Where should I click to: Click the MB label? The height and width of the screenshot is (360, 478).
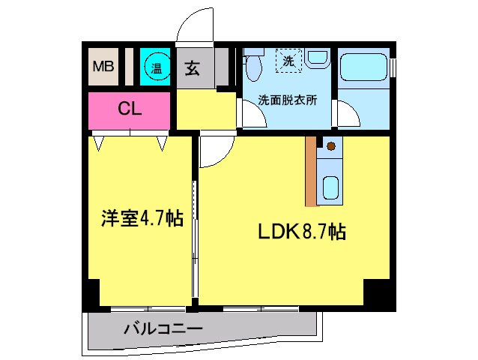click(x=103, y=67)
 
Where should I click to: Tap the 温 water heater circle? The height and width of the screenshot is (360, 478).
click(x=156, y=68)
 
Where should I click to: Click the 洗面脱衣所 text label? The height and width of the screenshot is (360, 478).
click(x=283, y=99)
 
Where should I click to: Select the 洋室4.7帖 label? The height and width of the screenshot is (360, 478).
click(x=142, y=219)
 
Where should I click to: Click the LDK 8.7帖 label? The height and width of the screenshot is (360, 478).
click(x=302, y=232)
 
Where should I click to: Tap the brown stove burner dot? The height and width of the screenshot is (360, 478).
click(x=330, y=145)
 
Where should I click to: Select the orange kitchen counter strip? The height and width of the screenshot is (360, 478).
click(x=311, y=170)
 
